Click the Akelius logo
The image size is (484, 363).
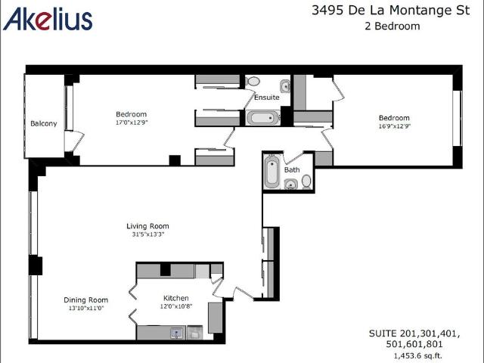(48, 19)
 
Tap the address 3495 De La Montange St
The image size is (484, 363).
(387, 11)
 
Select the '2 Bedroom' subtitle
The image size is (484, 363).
(387, 26)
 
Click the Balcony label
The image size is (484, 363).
(44, 123)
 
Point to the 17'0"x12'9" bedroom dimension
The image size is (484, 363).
(131, 123)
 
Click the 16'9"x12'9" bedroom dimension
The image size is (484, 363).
(394, 126)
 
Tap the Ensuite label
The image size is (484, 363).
(266, 98)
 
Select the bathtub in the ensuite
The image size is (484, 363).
(263, 118)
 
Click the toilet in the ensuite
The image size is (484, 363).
(253, 80)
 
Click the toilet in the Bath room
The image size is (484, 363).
(306, 181)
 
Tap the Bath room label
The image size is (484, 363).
(292, 170)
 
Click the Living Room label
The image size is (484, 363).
(147, 225)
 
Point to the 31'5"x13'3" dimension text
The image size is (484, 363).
(147, 234)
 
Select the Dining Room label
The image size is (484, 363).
(85, 299)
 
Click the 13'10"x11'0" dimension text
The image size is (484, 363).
(85, 309)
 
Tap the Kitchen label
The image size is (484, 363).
(176, 298)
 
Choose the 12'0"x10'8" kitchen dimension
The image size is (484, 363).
(176, 306)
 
